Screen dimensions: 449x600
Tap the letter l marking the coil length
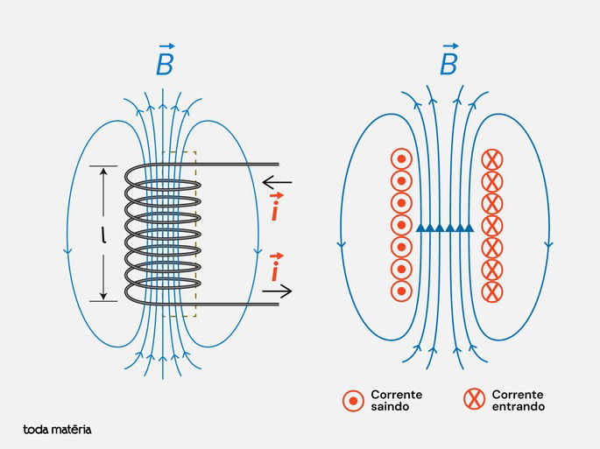(104, 235)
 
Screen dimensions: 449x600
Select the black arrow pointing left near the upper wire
(278, 183)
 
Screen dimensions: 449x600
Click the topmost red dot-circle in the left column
(400, 159)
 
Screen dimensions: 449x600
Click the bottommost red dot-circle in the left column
(400, 291)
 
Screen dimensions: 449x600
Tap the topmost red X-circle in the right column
(492, 159)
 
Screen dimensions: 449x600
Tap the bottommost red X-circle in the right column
(492, 291)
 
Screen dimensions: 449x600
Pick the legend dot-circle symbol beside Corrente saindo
(353, 401)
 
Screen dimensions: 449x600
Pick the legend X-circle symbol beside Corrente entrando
(474, 401)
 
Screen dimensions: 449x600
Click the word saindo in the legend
(390, 407)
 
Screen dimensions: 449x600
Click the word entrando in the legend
(518, 407)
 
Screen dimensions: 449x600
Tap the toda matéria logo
(57, 430)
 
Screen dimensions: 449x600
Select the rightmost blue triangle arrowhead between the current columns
(469, 228)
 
